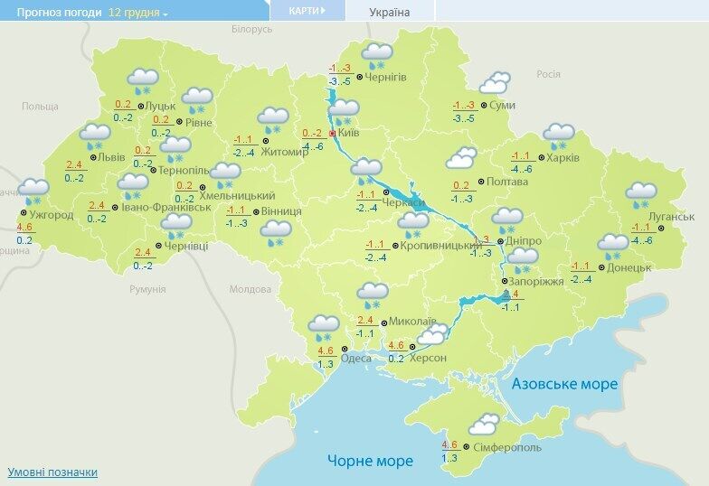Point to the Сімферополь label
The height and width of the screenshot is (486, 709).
click(x=506, y=446)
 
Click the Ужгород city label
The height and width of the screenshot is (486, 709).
click(x=51, y=215)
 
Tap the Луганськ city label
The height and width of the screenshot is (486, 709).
click(x=671, y=217)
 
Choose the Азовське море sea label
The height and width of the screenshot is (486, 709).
click(x=564, y=384)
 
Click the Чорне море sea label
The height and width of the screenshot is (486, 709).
click(x=370, y=461)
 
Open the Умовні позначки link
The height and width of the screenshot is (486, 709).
click(x=52, y=472)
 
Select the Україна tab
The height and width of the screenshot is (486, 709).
click(x=390, y=13)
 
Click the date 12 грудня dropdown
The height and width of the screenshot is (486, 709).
click(x=138, y=13)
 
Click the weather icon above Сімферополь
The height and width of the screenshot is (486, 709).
click(x=485, y=423)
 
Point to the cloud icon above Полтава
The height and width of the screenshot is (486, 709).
click(x=461, y=162)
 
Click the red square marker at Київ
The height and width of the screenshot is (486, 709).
click(x=332, y=133)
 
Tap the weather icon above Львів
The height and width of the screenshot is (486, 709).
click(x=94, y=136)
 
